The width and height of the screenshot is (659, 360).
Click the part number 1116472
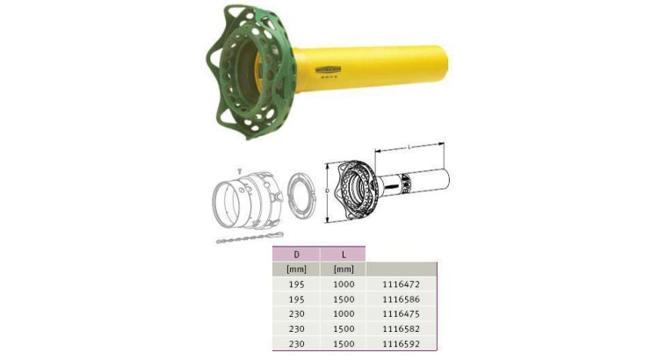click(402, 284)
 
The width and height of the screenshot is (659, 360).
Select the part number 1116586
click(402, 299)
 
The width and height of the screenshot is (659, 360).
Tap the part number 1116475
click(402, 314)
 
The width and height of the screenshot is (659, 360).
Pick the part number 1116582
click(402, 329)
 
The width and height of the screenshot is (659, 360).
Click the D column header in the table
click(295, 254)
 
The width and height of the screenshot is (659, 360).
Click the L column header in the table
click(344, 254)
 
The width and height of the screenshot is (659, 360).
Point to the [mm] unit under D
click(295, 270)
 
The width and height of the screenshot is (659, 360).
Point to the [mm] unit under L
click(344, 270)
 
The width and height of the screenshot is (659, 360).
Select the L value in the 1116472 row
click(344, 284)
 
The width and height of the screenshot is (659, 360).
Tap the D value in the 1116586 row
click(295, 299)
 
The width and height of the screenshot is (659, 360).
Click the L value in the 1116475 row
click(344, 314)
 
